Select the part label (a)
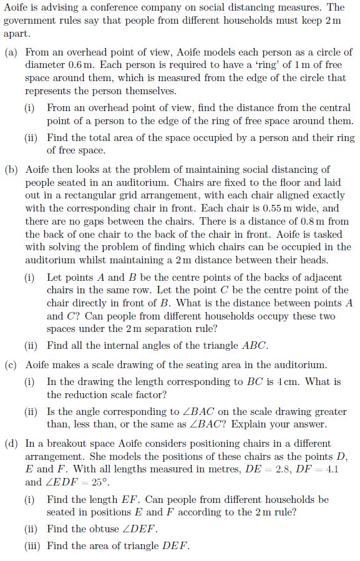11,52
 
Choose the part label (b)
11,169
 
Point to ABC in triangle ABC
255,345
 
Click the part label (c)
11,364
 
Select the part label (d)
11,444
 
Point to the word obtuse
104,529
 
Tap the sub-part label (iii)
34,546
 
